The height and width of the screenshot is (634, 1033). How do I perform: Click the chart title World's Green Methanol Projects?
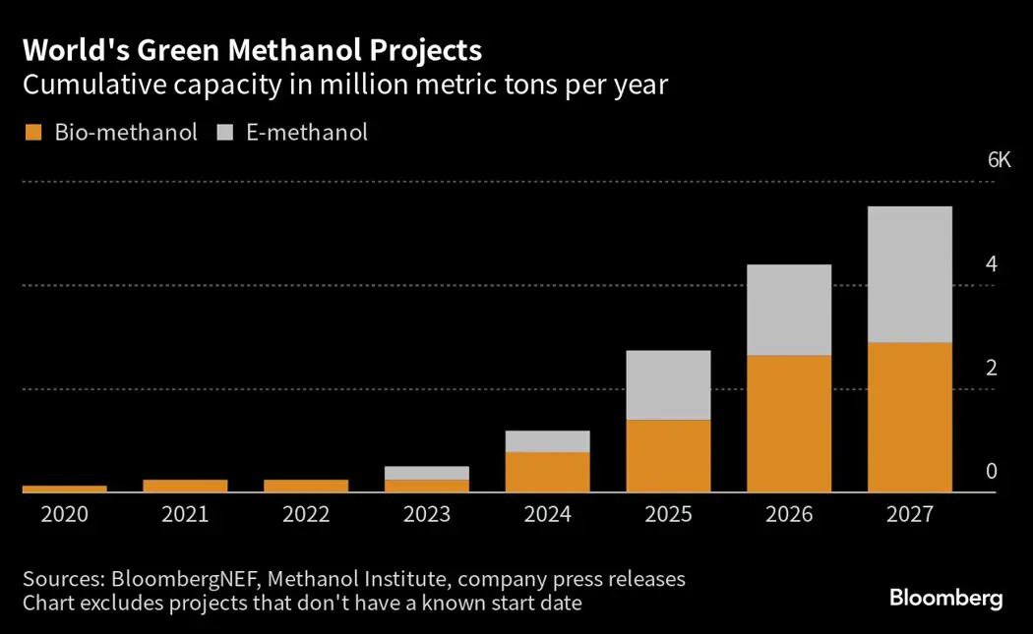pyautogui.click(x=252, y=50)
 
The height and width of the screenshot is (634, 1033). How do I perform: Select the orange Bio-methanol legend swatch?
pyautogui.click(x=32, y=133)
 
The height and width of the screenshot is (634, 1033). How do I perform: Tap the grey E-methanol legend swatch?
pyautogui.click(x=224, y=133)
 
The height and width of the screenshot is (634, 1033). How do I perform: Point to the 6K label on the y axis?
pyautogui.click(x=999, y=160)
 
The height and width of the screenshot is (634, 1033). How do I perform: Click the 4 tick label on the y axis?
pyautogui.click(x=992, y=264)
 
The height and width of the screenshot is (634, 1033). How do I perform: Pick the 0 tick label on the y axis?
pyautogui.click(x=992, y=472)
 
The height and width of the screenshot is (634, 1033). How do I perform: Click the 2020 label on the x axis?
pyautogui.click(x=65, y=514)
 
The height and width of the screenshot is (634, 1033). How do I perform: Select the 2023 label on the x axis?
pyautogui.click(x=427, y=514)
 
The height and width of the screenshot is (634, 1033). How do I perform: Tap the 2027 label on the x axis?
pyautogui.click(x=910, y=514)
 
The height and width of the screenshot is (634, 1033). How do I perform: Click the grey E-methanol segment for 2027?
pyautogui.click(x=910, y=274)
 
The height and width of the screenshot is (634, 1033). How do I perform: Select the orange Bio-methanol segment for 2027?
pyautogui.click(x=910, y=417)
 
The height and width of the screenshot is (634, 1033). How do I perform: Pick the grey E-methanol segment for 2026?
pyautogui.click(x=789, y=310)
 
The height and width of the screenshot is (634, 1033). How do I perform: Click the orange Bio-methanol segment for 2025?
pyautogui.click(x=669, y=455)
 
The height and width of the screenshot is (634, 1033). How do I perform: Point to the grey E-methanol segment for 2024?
pyautogui.click(x=548, y=441)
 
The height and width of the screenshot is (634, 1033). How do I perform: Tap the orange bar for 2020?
pyautogui.click(x=65, y=489)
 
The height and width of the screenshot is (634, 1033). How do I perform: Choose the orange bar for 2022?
pyautogui.click(x=306, y=486)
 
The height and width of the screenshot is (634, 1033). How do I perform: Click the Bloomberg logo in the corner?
pyautogui.click(x=945, y=598)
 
